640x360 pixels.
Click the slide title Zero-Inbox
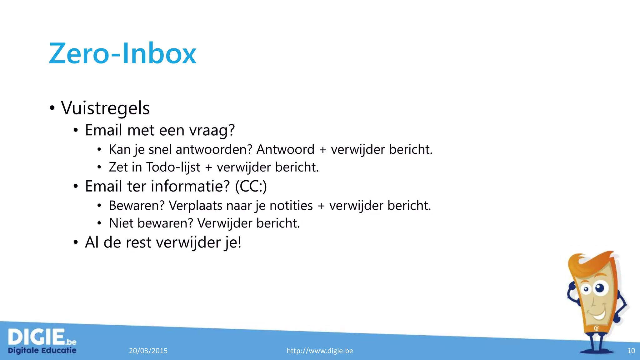(x=122, y=54)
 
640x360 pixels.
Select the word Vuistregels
(x=105, y=108)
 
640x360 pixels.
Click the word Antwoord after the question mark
(x=285, y=149)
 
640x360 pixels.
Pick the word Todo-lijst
(x=173, y=167)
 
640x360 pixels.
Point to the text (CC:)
(x=251, y=186)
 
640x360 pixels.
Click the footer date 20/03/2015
(x=148, y=351)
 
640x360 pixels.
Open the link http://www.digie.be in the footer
(x=320, y=351)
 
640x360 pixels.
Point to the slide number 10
(x=631, y=351)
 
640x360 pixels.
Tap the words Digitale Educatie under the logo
(x=42, y=350)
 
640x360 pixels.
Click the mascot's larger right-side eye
(x=600, y=287)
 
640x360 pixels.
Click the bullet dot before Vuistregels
(x=52, y=108)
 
